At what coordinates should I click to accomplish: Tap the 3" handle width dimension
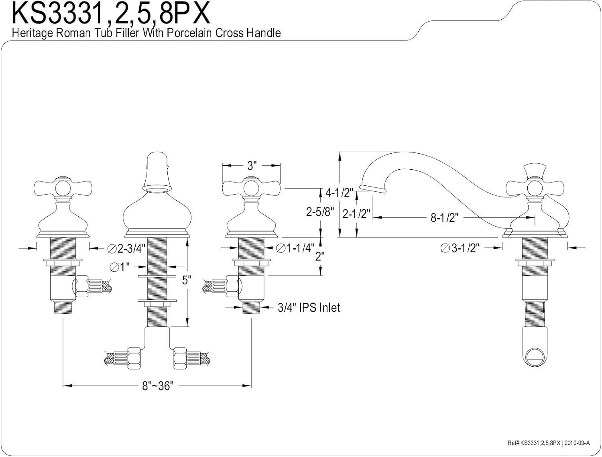251,165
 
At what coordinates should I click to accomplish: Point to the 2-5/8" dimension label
320,212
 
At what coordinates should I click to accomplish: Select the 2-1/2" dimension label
356,213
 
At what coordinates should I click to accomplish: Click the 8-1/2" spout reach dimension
444,217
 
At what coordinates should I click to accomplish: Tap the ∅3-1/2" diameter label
460,248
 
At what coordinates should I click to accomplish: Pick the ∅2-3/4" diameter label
127,249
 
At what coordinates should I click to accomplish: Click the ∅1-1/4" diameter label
295,248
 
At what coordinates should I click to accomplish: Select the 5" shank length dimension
185,280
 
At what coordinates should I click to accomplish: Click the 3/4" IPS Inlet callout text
309,308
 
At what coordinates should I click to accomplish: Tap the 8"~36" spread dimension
157,386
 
